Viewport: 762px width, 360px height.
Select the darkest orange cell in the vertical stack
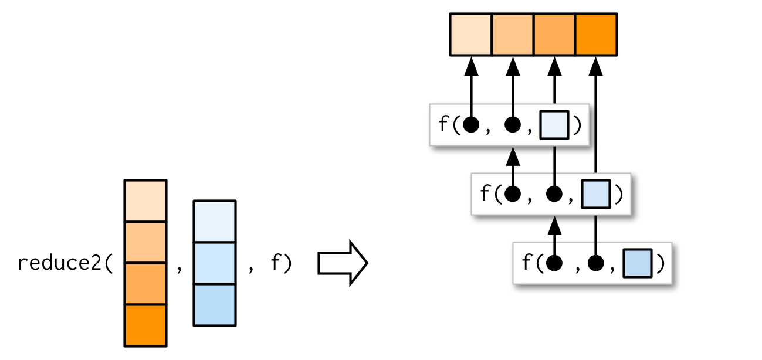click(x=145, y=325)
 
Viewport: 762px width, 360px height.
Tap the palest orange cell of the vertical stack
click(x=145, y=201)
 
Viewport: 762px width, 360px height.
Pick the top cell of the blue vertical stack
click(x=215, y=222)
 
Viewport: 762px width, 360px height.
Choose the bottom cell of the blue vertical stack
click(x=215, y=304)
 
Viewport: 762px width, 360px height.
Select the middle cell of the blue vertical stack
click(x=215, y=263)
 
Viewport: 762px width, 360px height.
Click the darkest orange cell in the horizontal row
click(x=596, y=35)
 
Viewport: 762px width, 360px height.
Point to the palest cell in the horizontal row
click(x=470, y=35)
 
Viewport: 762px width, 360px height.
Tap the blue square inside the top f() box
click(x=554, y=125)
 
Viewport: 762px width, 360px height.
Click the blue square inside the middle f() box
click(x=595, y=194)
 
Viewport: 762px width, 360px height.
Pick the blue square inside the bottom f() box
click(x=637, y=263)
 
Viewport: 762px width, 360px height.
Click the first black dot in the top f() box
click(x=471, y=125)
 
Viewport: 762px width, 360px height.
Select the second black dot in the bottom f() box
click(x=596, y=263)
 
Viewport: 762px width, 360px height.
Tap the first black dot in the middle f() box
click(x=513, y=194)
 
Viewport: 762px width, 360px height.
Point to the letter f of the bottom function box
click(x=526, y=263)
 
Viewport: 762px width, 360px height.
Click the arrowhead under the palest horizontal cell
click(x=471, y=66)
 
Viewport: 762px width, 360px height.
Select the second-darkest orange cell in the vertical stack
click(x=145, y=284)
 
